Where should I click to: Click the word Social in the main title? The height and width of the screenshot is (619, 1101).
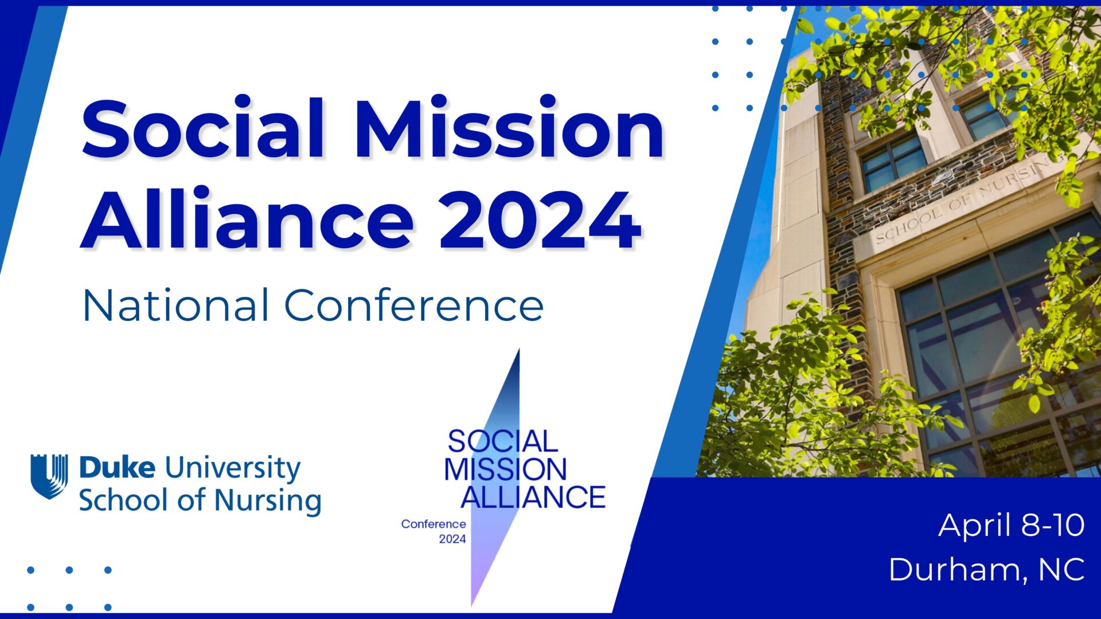[205, 128]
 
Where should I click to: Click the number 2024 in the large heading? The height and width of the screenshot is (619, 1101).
[540, 221]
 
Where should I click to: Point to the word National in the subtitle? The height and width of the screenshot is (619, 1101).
[175, 305]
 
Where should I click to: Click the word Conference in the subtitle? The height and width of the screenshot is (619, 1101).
[414, 305]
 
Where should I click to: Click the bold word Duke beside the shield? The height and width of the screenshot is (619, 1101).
[117, 467]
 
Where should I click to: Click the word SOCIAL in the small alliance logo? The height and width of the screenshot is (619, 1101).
[502, 441]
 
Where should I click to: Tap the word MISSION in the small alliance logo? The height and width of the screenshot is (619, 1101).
[505, 469]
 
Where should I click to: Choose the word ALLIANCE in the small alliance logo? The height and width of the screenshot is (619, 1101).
[533, 496]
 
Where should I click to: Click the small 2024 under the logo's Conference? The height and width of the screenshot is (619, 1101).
[452, 539]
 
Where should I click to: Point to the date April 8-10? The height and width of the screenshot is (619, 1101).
[1011, 526]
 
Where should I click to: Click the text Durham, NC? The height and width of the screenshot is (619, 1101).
[986, 570]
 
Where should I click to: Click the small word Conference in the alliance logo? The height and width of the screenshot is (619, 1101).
[434, 524]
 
